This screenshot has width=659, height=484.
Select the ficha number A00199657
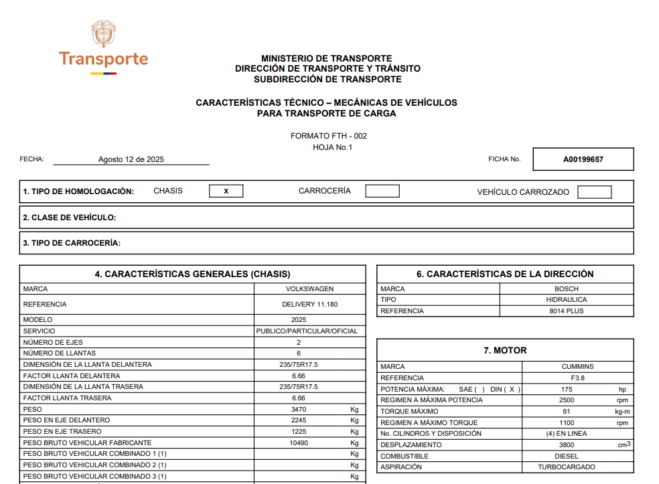[x=583, y=159]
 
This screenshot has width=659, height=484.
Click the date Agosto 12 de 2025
[x=131, y=159]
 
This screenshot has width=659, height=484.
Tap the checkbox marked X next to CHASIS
[x=226, y=191]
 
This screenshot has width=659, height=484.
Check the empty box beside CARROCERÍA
[x=382, y=191]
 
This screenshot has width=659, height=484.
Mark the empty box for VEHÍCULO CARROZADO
[x=594, y=192]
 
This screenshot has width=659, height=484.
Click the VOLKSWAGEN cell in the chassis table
[x=309, y=289]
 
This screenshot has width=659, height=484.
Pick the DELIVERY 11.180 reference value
[x=309, y=305]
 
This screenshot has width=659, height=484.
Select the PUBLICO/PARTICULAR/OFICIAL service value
[x=307, y=331]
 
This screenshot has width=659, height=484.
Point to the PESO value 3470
[x=299, y=409]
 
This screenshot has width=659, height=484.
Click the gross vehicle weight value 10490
[x=299, y=442]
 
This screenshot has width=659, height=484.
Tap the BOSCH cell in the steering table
[x=567, y=289]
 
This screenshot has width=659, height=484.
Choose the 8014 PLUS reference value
[x=567, y=311]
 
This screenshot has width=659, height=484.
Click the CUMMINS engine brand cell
[x=577, y=367]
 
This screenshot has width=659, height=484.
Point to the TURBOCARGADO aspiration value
[x=567, y=467]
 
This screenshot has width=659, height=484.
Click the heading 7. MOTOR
[x=505, y=350]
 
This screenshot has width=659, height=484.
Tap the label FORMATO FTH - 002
[x=329, y=136]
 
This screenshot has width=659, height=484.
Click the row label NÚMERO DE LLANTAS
[x=60, y=353]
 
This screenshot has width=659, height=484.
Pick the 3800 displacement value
[x=567, y=445]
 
